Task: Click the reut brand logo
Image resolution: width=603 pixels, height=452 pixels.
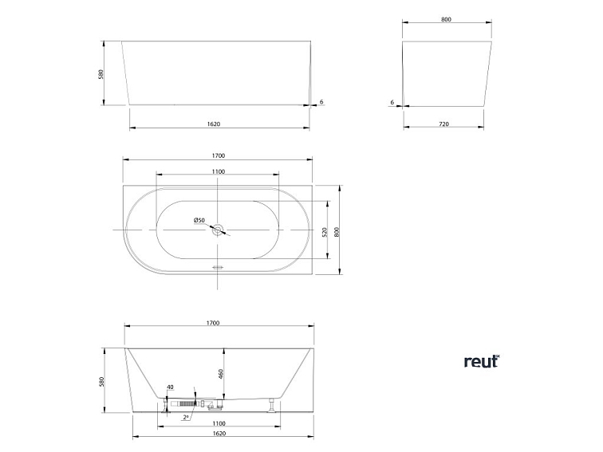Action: [481, 361]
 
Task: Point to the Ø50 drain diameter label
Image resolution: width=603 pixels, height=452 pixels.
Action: [199, 221]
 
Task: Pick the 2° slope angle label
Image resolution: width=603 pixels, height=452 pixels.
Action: [186, 416]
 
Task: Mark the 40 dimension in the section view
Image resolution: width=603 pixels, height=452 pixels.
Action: [170, 388]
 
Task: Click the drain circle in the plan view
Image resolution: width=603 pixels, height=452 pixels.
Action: [217, 230]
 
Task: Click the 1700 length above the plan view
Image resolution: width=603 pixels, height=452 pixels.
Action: [218, 155]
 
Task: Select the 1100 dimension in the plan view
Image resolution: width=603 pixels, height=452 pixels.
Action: [218, 171]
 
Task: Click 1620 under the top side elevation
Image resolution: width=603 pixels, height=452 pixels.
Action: [213, 124]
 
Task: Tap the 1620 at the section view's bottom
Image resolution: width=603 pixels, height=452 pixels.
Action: [219, 434]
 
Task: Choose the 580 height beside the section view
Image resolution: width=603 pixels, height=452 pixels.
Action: [101, 382]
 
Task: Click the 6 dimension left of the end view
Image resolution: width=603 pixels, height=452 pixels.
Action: [393, 102]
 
